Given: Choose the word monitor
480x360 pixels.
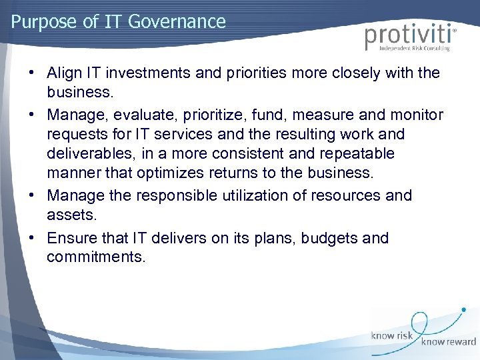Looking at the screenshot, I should click(419, 115).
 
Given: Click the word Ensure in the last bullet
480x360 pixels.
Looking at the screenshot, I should click(72, 238).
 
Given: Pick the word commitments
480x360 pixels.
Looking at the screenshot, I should click(96, 257).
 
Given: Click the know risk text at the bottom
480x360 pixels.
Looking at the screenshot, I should click(393, 337).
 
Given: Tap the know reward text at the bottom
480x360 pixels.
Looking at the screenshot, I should click(448, 342).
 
